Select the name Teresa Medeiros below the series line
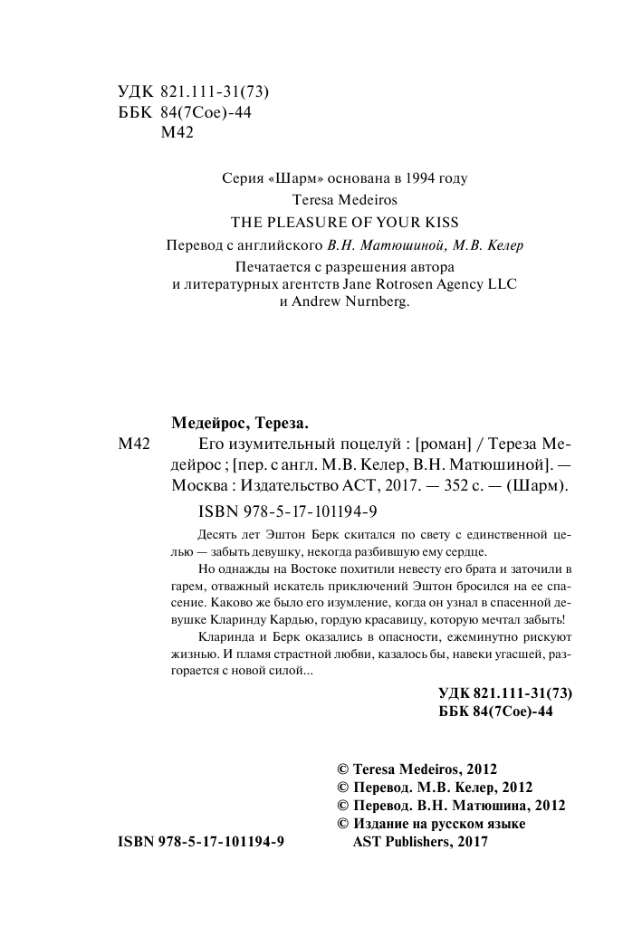[321, 199]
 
